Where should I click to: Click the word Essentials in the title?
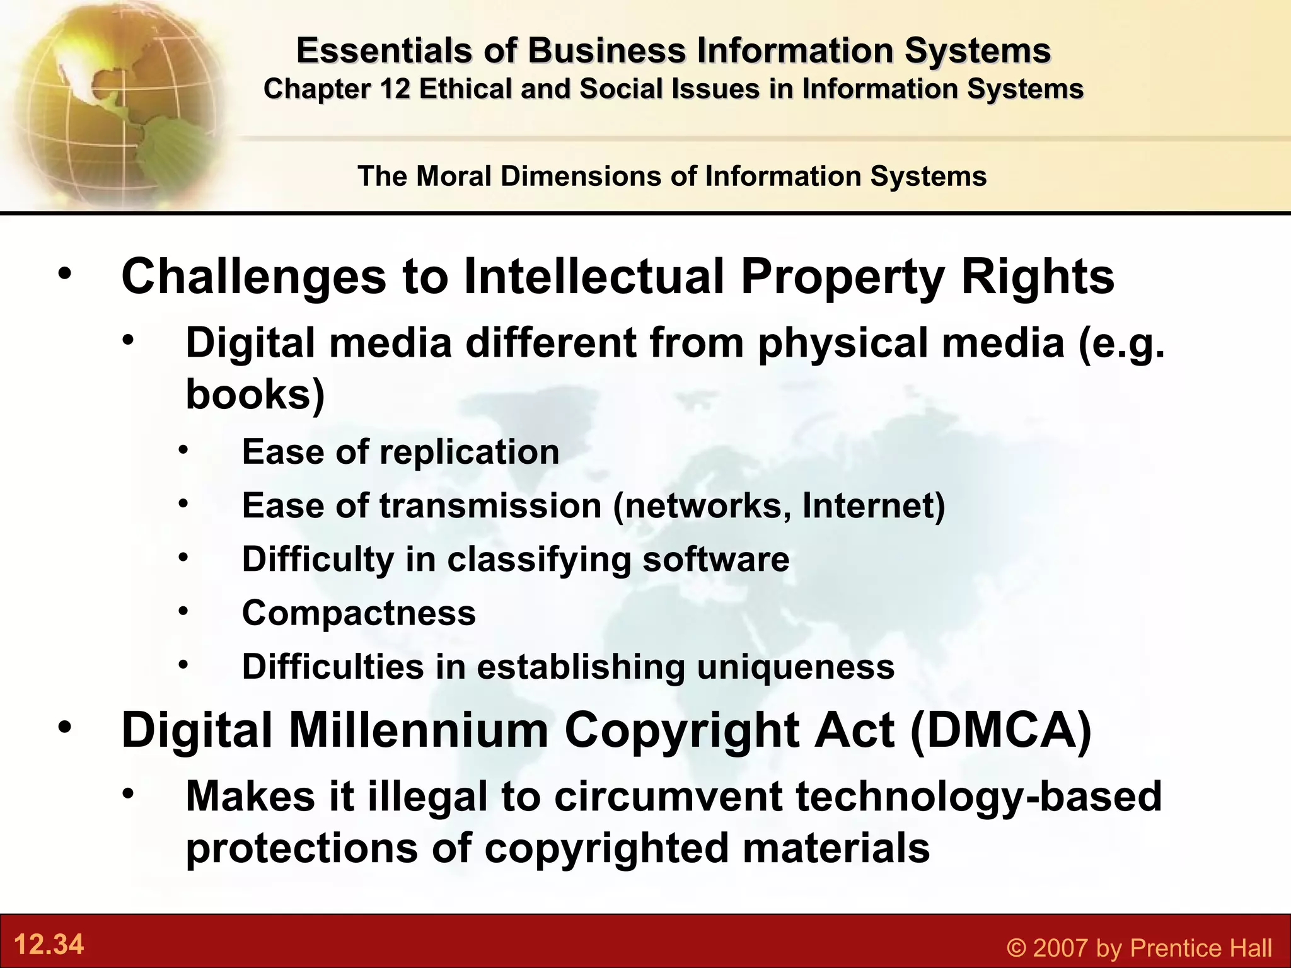coord(384,50)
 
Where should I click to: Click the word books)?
coord(255,395)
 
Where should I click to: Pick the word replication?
coord(469,452)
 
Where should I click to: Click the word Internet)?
coord(874,505)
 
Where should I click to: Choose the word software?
coord(715,559)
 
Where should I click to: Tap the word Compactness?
coord(359,613)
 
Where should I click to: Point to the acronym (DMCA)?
coord(1001,730)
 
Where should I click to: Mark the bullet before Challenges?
coord(65,275)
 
